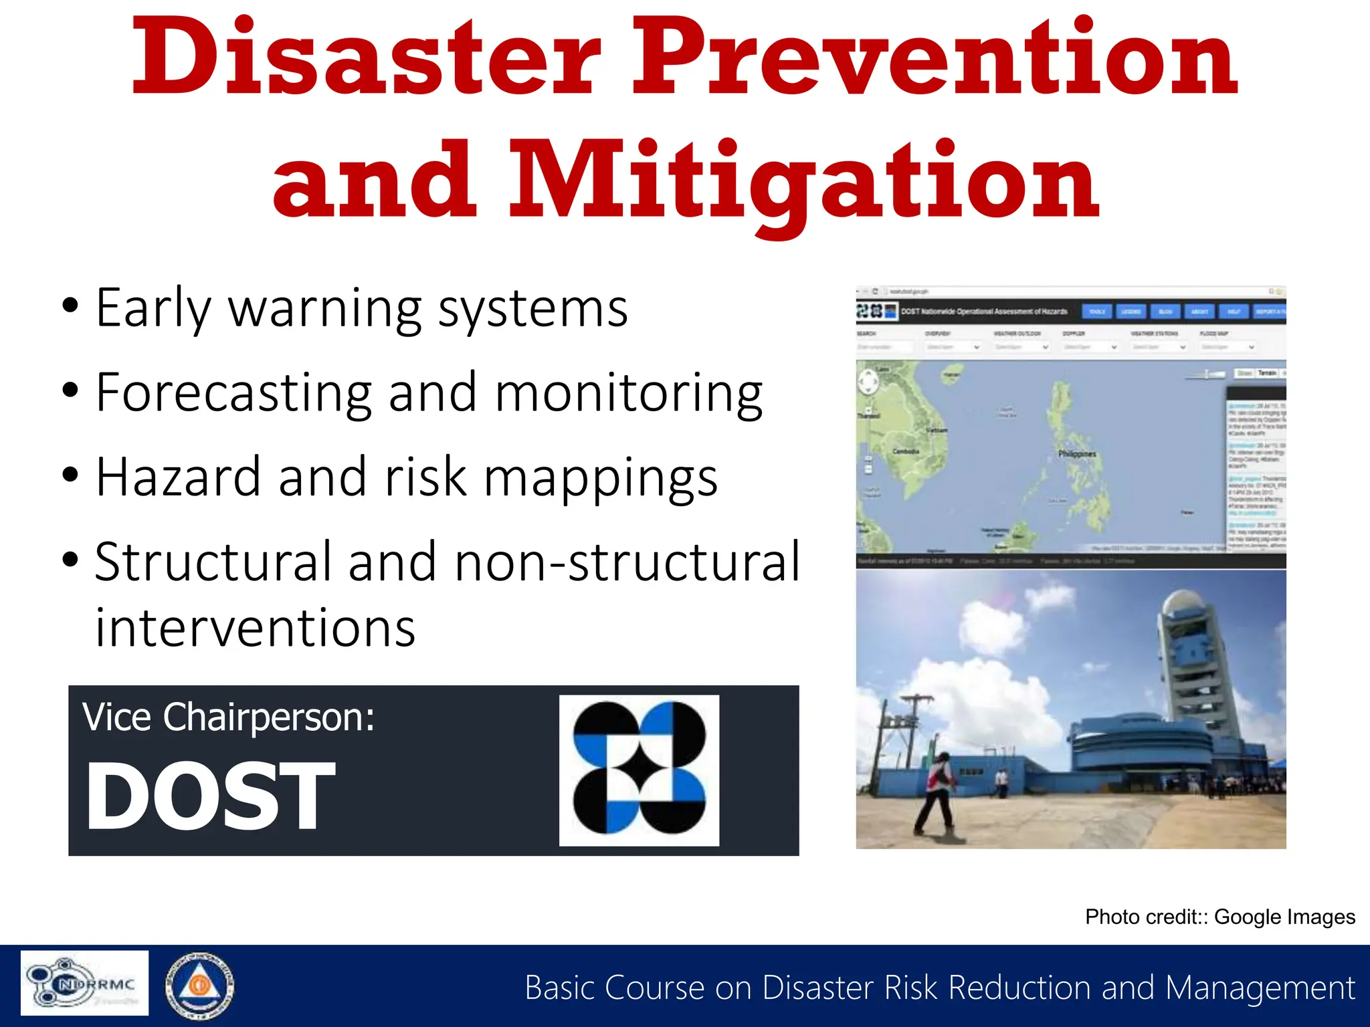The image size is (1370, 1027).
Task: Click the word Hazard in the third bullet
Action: tap(178, 477)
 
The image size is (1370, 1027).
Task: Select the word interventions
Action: tap(255, 629)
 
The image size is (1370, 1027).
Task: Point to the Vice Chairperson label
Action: tap(228, 717)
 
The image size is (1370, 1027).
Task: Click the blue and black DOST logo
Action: tap(639, 770)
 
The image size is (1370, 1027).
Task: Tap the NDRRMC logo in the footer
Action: tap(84, 983)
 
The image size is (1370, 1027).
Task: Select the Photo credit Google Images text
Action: tap(1219, 917)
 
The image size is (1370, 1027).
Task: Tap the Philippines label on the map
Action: tap(1076, 454)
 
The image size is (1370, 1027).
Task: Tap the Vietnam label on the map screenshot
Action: tap(937, 431)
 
